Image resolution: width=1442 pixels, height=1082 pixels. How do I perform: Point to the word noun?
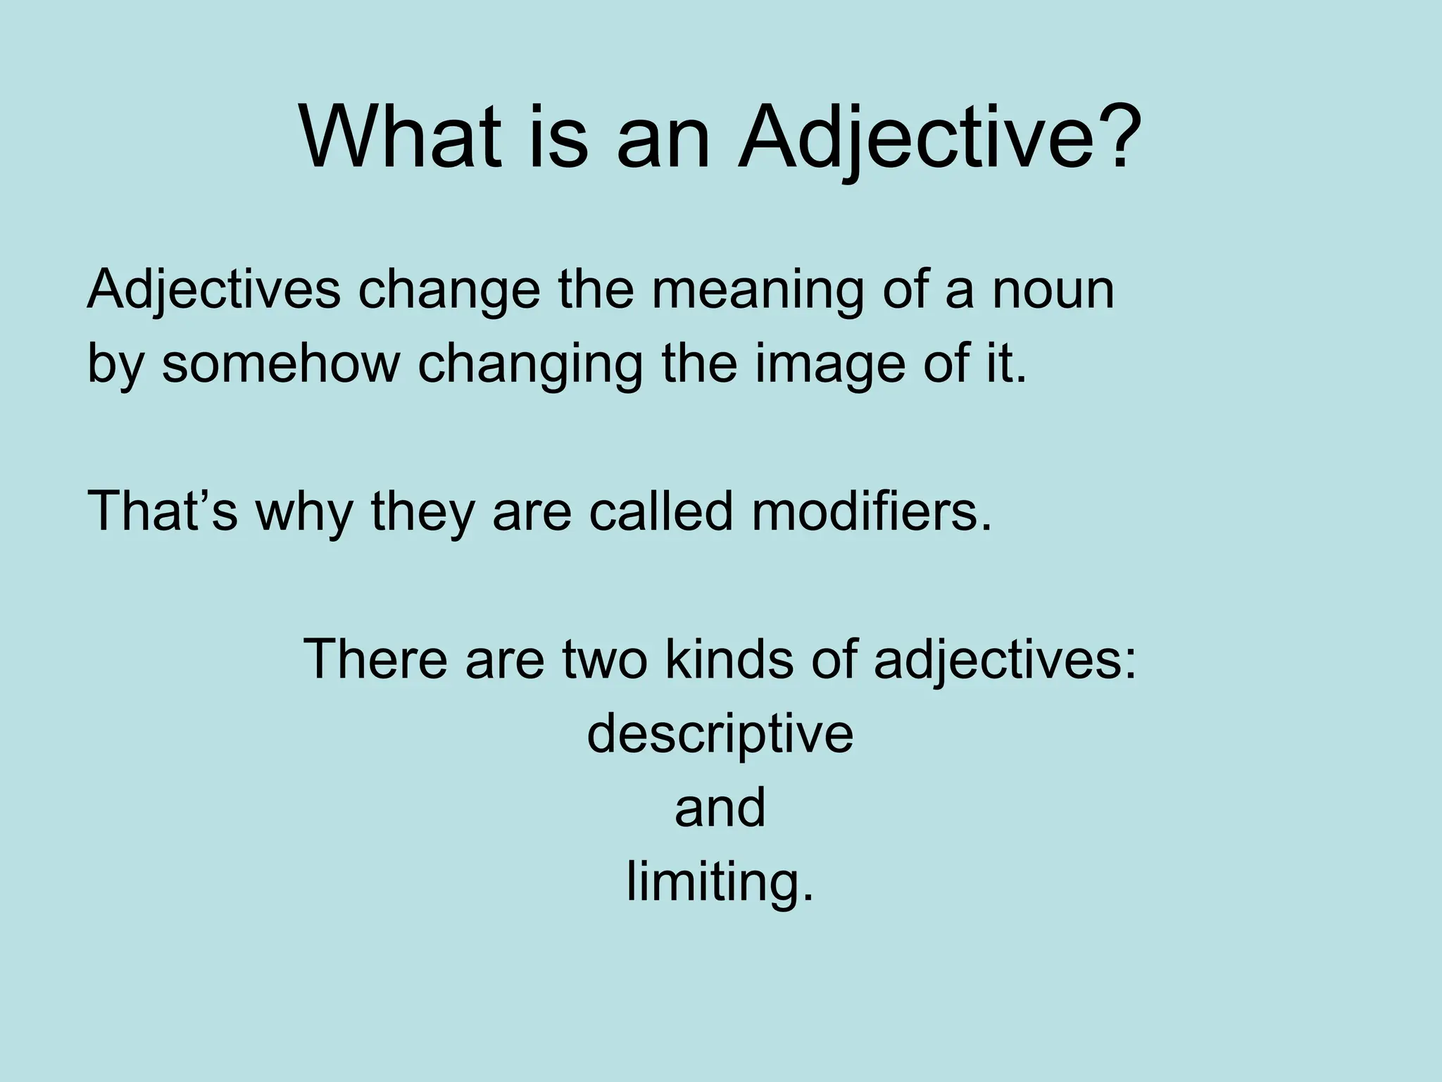pos(1053,290)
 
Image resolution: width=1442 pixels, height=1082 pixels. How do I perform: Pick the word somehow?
pos(280,363)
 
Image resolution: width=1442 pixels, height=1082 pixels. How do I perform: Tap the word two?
pos(603,659)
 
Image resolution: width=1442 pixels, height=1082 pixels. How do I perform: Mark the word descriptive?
pos(720,734)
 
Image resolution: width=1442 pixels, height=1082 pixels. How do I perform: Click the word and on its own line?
pos(720,807)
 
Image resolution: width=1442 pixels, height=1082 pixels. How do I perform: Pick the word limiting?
pos(720,882)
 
